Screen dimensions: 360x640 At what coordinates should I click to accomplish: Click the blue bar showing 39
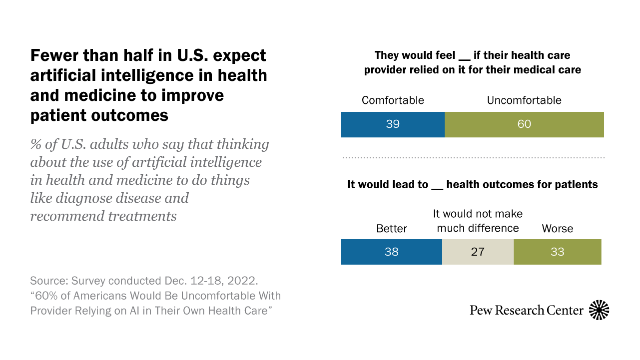tap(393, 124)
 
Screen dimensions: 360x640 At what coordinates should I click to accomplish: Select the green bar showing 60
tap(524, 124)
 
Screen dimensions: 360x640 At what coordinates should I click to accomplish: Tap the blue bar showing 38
tap(391, 252)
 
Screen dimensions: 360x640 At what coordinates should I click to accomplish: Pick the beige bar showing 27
tap(478, 252)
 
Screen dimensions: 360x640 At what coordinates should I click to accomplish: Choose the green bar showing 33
tap(557, 252)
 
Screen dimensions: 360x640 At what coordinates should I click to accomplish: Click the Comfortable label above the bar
tap(393, 100)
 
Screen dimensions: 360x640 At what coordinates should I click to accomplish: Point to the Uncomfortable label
tap(524, 100)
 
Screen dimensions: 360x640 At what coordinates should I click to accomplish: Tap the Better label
tap(392, 229)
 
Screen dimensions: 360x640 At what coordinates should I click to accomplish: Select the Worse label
tap(557, 229)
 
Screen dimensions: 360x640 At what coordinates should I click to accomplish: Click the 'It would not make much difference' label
tap(478, 221)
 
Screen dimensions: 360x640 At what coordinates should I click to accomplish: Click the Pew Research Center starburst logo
tap(600, 310)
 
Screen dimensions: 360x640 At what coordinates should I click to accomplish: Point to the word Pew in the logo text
tap(480, 311)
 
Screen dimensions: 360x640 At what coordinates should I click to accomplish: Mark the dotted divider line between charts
tap(473, 158)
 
